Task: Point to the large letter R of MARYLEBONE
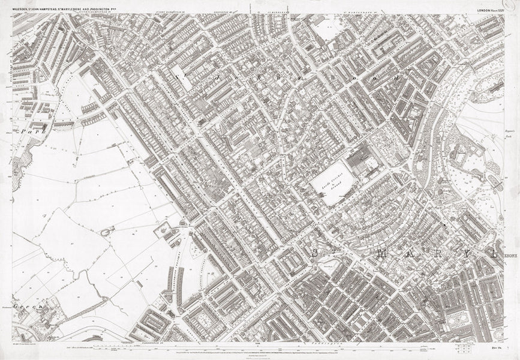[433, 253]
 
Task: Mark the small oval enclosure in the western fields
[107, 231]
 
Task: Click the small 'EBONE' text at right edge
[510, 254]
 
